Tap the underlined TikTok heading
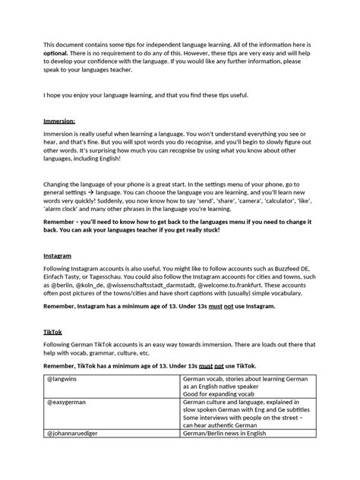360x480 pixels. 55,333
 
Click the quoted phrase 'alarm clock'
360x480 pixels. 66,211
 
